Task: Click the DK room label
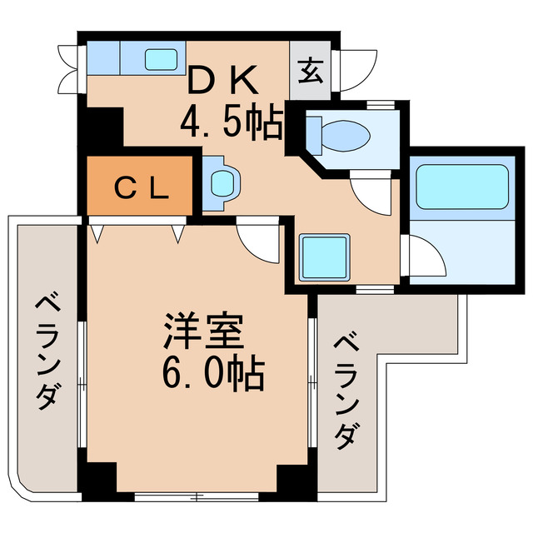[x=222, y=81]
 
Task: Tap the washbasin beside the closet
[x=223, y=181]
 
